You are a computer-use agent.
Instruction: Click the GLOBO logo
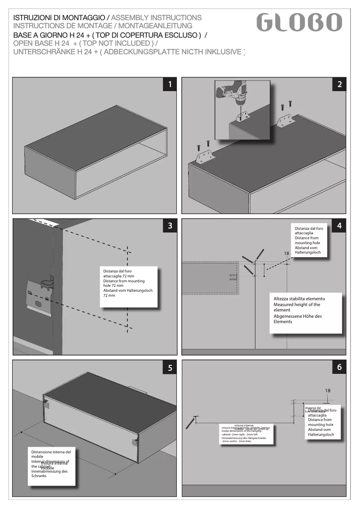coord(299,22)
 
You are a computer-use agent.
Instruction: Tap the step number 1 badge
coord(170,84)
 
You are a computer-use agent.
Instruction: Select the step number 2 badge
coord(339,84)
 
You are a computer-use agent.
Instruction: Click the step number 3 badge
coord(170,226)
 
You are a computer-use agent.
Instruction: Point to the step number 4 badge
coord(339,226)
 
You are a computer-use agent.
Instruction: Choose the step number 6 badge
coord(339,367)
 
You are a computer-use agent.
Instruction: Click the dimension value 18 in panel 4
coord(286,254)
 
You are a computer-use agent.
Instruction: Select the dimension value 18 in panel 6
coord(328,391)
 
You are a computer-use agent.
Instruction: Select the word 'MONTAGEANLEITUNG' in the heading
coord(155,26)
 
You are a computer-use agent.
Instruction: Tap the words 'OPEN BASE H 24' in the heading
coord(42,43)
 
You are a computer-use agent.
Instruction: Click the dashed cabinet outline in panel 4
coord(210,278)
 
